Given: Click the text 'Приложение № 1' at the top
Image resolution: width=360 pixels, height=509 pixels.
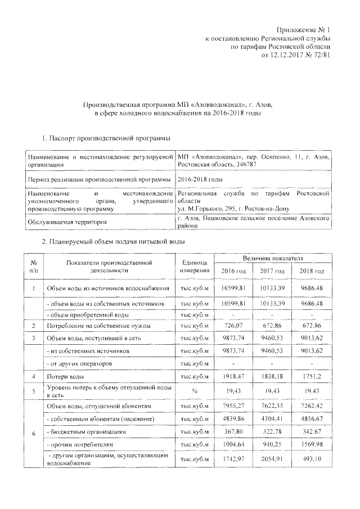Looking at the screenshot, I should (305, 29).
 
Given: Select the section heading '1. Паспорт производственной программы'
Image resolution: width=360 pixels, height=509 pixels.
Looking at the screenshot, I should (107, 138).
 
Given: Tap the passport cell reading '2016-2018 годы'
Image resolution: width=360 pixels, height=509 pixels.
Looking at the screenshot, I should (200, 179).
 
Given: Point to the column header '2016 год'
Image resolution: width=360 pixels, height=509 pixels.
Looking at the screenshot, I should (231, 271).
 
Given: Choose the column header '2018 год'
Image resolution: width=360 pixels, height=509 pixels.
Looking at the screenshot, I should (312, 271).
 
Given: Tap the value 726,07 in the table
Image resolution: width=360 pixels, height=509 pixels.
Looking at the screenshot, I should (231, 326).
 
